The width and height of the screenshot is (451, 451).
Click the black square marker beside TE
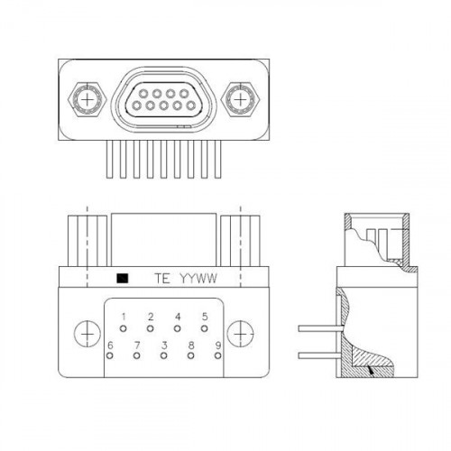point(123,279)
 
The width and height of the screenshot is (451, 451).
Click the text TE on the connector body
point(162,279)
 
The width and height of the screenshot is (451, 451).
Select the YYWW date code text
point(198,279)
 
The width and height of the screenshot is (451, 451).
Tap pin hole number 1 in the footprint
point(123,328)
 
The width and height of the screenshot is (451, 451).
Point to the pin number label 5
point(205,317)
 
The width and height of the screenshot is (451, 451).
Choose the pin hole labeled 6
point(110,355)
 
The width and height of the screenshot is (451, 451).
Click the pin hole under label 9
point(218,355)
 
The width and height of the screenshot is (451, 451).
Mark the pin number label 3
point(164,345)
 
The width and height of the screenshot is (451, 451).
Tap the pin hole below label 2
point(151,328)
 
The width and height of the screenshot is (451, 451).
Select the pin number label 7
point(137,345)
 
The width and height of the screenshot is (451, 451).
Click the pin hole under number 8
point(190,355)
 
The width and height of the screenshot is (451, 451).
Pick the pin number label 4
point(178,317)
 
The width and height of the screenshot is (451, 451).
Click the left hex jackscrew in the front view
point(87,99)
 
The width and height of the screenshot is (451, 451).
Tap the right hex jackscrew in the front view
point(240,99)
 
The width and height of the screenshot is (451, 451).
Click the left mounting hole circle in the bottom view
point(87,334)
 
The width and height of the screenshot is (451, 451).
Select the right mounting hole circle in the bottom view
point(240,334)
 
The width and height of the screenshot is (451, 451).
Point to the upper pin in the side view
point(320,328)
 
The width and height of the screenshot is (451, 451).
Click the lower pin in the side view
point(320,355)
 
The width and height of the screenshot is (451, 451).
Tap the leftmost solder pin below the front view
point(110,160)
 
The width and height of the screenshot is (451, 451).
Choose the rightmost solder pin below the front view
point(218,160)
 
